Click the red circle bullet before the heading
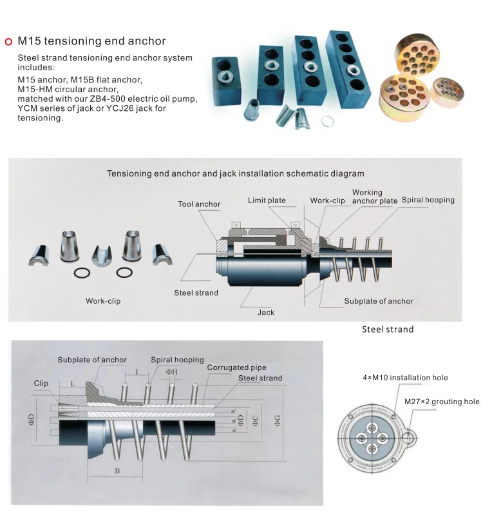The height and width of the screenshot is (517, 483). point(8,41)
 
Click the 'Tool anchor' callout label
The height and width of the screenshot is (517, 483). point(199,204)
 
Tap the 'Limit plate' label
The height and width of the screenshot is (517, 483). point(267,200)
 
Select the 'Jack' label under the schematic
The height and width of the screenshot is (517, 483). point(265,312)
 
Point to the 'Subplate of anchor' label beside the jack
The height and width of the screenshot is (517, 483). point(379,301)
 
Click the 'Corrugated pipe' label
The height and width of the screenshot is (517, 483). point(236,367)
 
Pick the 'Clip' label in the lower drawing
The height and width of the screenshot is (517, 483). point(41,383)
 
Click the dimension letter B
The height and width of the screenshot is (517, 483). point(117,471)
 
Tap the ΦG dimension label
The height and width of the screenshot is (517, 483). point(277,421)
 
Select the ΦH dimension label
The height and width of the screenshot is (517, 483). point(171,372)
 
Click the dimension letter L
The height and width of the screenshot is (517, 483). point(73,384)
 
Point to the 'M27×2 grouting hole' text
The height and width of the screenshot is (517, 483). point(442,402)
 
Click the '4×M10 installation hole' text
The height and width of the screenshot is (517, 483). point(405,378)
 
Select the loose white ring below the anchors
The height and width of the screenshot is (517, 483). point(327,121)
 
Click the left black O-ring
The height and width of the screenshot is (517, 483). point(82,273)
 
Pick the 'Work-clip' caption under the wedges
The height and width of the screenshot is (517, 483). point(103,301)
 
